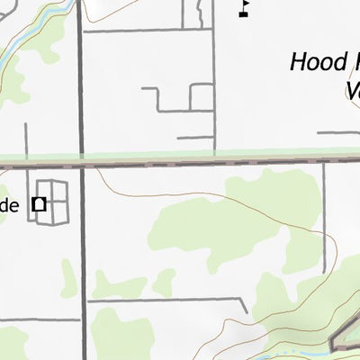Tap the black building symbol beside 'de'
tap(40, 203)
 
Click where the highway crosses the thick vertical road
tap(81, 165)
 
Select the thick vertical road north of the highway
tap(80, 81)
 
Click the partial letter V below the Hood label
tap(352, 90)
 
